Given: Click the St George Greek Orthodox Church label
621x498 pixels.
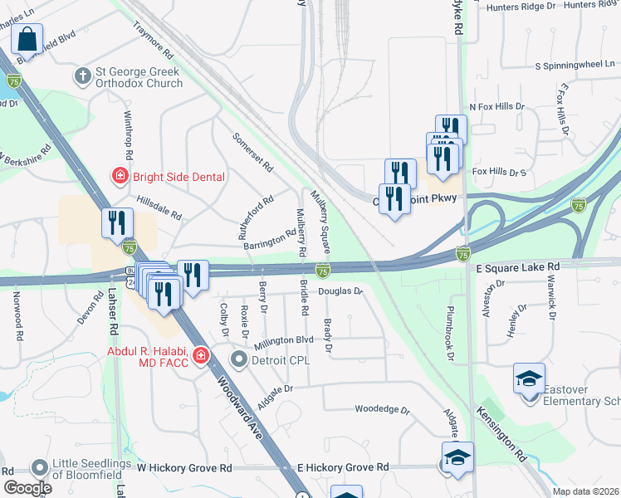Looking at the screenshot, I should tap(137, 77).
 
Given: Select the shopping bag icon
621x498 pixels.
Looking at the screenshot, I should tap(27, 39).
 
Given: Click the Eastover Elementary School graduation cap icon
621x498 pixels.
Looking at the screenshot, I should tap(529, 378).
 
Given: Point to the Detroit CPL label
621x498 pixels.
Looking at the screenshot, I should tap(271, 359).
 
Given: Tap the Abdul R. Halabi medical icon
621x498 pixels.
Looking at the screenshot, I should tap(200, 356).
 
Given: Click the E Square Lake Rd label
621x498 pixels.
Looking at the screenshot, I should tap(519, 266).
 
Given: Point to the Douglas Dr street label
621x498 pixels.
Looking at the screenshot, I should tap(341, 291).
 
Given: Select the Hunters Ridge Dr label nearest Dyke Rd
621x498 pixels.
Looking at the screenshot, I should tap(522, 6).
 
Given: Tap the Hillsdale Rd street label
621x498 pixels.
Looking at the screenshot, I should tap(159, 206).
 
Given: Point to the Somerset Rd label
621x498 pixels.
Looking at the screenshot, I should tap(253, 152).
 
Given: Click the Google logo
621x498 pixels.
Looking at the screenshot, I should tap(27, 487).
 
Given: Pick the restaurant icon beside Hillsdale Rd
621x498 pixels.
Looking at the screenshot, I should tap(116, 222).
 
